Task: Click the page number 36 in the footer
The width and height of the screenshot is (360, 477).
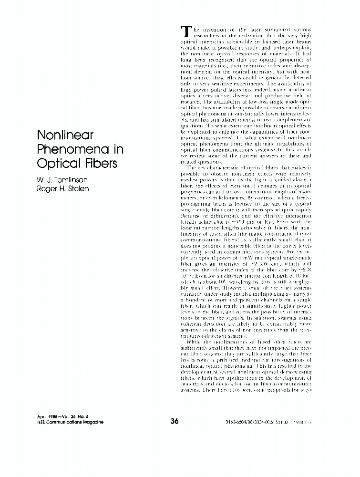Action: click(x=174, y=421)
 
